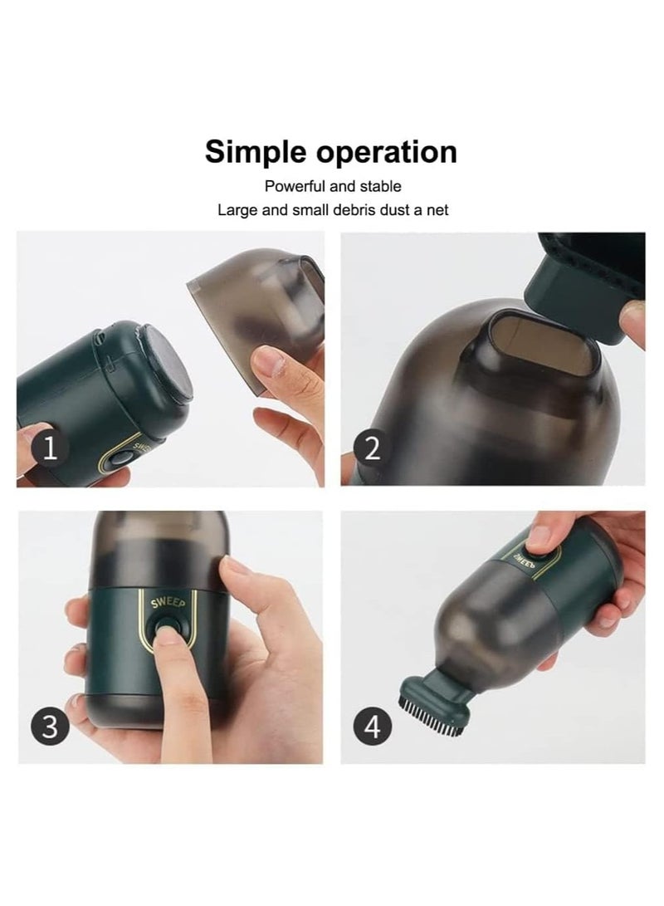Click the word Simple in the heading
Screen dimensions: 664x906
point(256,153)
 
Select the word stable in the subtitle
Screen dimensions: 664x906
point(380,187)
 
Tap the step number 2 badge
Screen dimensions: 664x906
point(373,449)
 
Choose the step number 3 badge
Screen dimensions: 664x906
point(51,727)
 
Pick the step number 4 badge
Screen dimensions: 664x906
point(373,727)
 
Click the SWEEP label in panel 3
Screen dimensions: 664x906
point(168,603)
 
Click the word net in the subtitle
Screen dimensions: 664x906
point(437,211)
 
